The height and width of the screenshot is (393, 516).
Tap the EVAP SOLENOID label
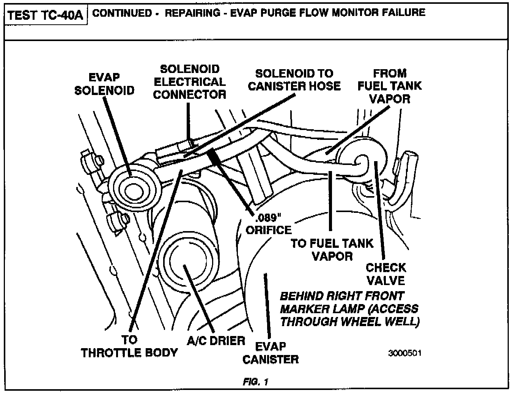[104, 84]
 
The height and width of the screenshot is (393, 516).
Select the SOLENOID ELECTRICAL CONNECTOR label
[189, 82]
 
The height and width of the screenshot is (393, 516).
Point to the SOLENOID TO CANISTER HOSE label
[294, 79]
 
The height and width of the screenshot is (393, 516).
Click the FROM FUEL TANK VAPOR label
[390, 86]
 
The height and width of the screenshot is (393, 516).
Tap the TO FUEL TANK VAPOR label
[332, 249]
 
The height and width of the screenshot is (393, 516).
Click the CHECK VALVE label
[386, 274]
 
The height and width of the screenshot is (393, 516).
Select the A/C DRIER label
[216, 340]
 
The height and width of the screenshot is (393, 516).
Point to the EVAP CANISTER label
[270, 352]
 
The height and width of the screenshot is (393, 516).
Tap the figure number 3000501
[404, 353]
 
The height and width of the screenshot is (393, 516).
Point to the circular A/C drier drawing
[186, 262]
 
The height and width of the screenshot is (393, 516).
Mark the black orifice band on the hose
[215, 155]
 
